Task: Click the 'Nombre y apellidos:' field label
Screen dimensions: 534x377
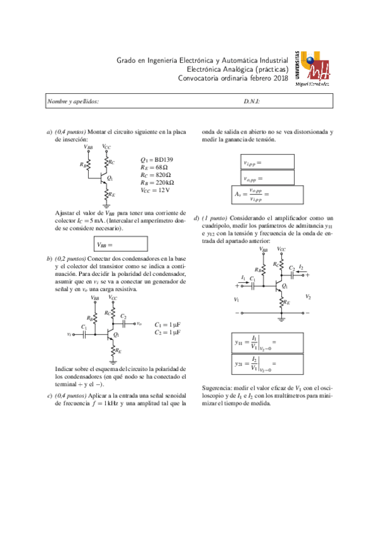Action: [73, 102]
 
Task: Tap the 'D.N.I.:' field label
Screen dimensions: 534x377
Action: [252, 102]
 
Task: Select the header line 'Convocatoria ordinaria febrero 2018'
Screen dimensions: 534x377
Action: [233, 78]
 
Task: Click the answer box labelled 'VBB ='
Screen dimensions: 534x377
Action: [121, 244]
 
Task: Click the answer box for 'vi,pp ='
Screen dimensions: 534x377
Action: [267, 162]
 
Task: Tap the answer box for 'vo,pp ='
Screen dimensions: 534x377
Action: [267, 178]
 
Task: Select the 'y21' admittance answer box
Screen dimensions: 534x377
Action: [267, 363]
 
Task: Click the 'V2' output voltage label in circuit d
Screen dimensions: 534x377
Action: [308, 297]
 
